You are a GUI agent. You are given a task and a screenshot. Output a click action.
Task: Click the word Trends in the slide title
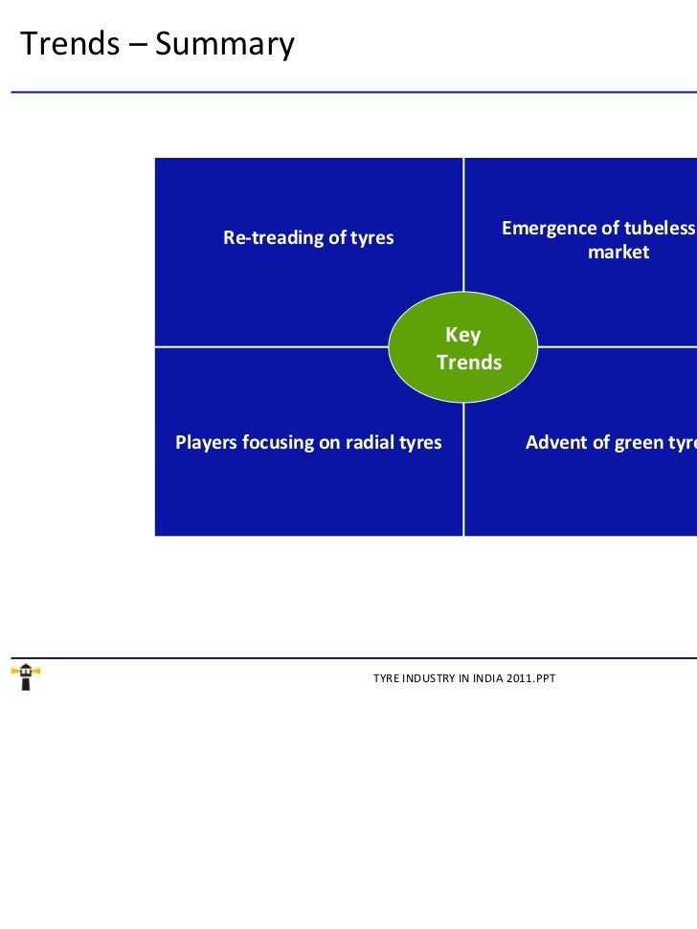[x=68, y=43]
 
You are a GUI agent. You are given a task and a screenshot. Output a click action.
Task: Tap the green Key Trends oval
[x=464, y=347]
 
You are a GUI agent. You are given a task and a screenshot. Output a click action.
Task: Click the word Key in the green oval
[x=462, y=335]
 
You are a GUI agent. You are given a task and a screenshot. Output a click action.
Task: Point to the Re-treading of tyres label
[x=308, y=238]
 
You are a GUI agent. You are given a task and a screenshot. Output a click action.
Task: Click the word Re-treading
[x=273, y=238]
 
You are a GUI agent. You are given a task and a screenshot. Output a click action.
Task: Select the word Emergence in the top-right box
[x=546, y=229]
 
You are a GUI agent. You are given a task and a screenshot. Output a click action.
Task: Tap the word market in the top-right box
[x=618, y=253]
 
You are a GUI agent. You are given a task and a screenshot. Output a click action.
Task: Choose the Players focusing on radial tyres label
[x=308, y=442]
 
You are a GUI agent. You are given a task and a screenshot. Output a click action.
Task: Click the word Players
[x=206, y=442]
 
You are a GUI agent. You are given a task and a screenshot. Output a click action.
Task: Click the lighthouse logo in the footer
[x=25, y=676]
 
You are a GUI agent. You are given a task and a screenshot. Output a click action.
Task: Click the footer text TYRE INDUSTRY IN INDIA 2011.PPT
[x=464, y=678]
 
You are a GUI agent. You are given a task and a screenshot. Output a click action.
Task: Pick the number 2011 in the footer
[x=518, y=678]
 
